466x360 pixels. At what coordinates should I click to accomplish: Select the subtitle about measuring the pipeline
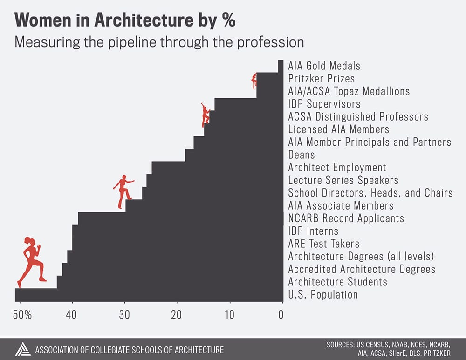click(159, 42)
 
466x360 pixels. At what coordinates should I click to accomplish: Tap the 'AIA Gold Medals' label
click(324, 66)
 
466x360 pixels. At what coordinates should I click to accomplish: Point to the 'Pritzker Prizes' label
click(321, 79)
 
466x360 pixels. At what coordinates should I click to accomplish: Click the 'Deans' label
click(301, 155)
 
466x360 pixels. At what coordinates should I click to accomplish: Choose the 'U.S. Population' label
click(323, 294)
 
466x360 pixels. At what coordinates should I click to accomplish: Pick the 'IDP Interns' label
click(313, 231)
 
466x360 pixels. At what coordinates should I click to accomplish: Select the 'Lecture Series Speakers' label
click(343, 180)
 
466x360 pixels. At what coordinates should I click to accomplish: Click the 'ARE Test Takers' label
click(324, 244)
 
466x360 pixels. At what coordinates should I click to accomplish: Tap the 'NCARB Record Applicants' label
click(346, 218)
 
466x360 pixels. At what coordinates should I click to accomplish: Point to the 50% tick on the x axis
click(22, 315)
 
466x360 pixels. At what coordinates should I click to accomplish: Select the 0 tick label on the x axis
click(281, 315)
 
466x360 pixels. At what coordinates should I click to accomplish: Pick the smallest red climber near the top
click(254, 81)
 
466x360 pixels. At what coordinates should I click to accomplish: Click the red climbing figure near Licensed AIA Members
click(205, 115)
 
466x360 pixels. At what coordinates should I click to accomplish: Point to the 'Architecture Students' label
click(337, 282)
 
